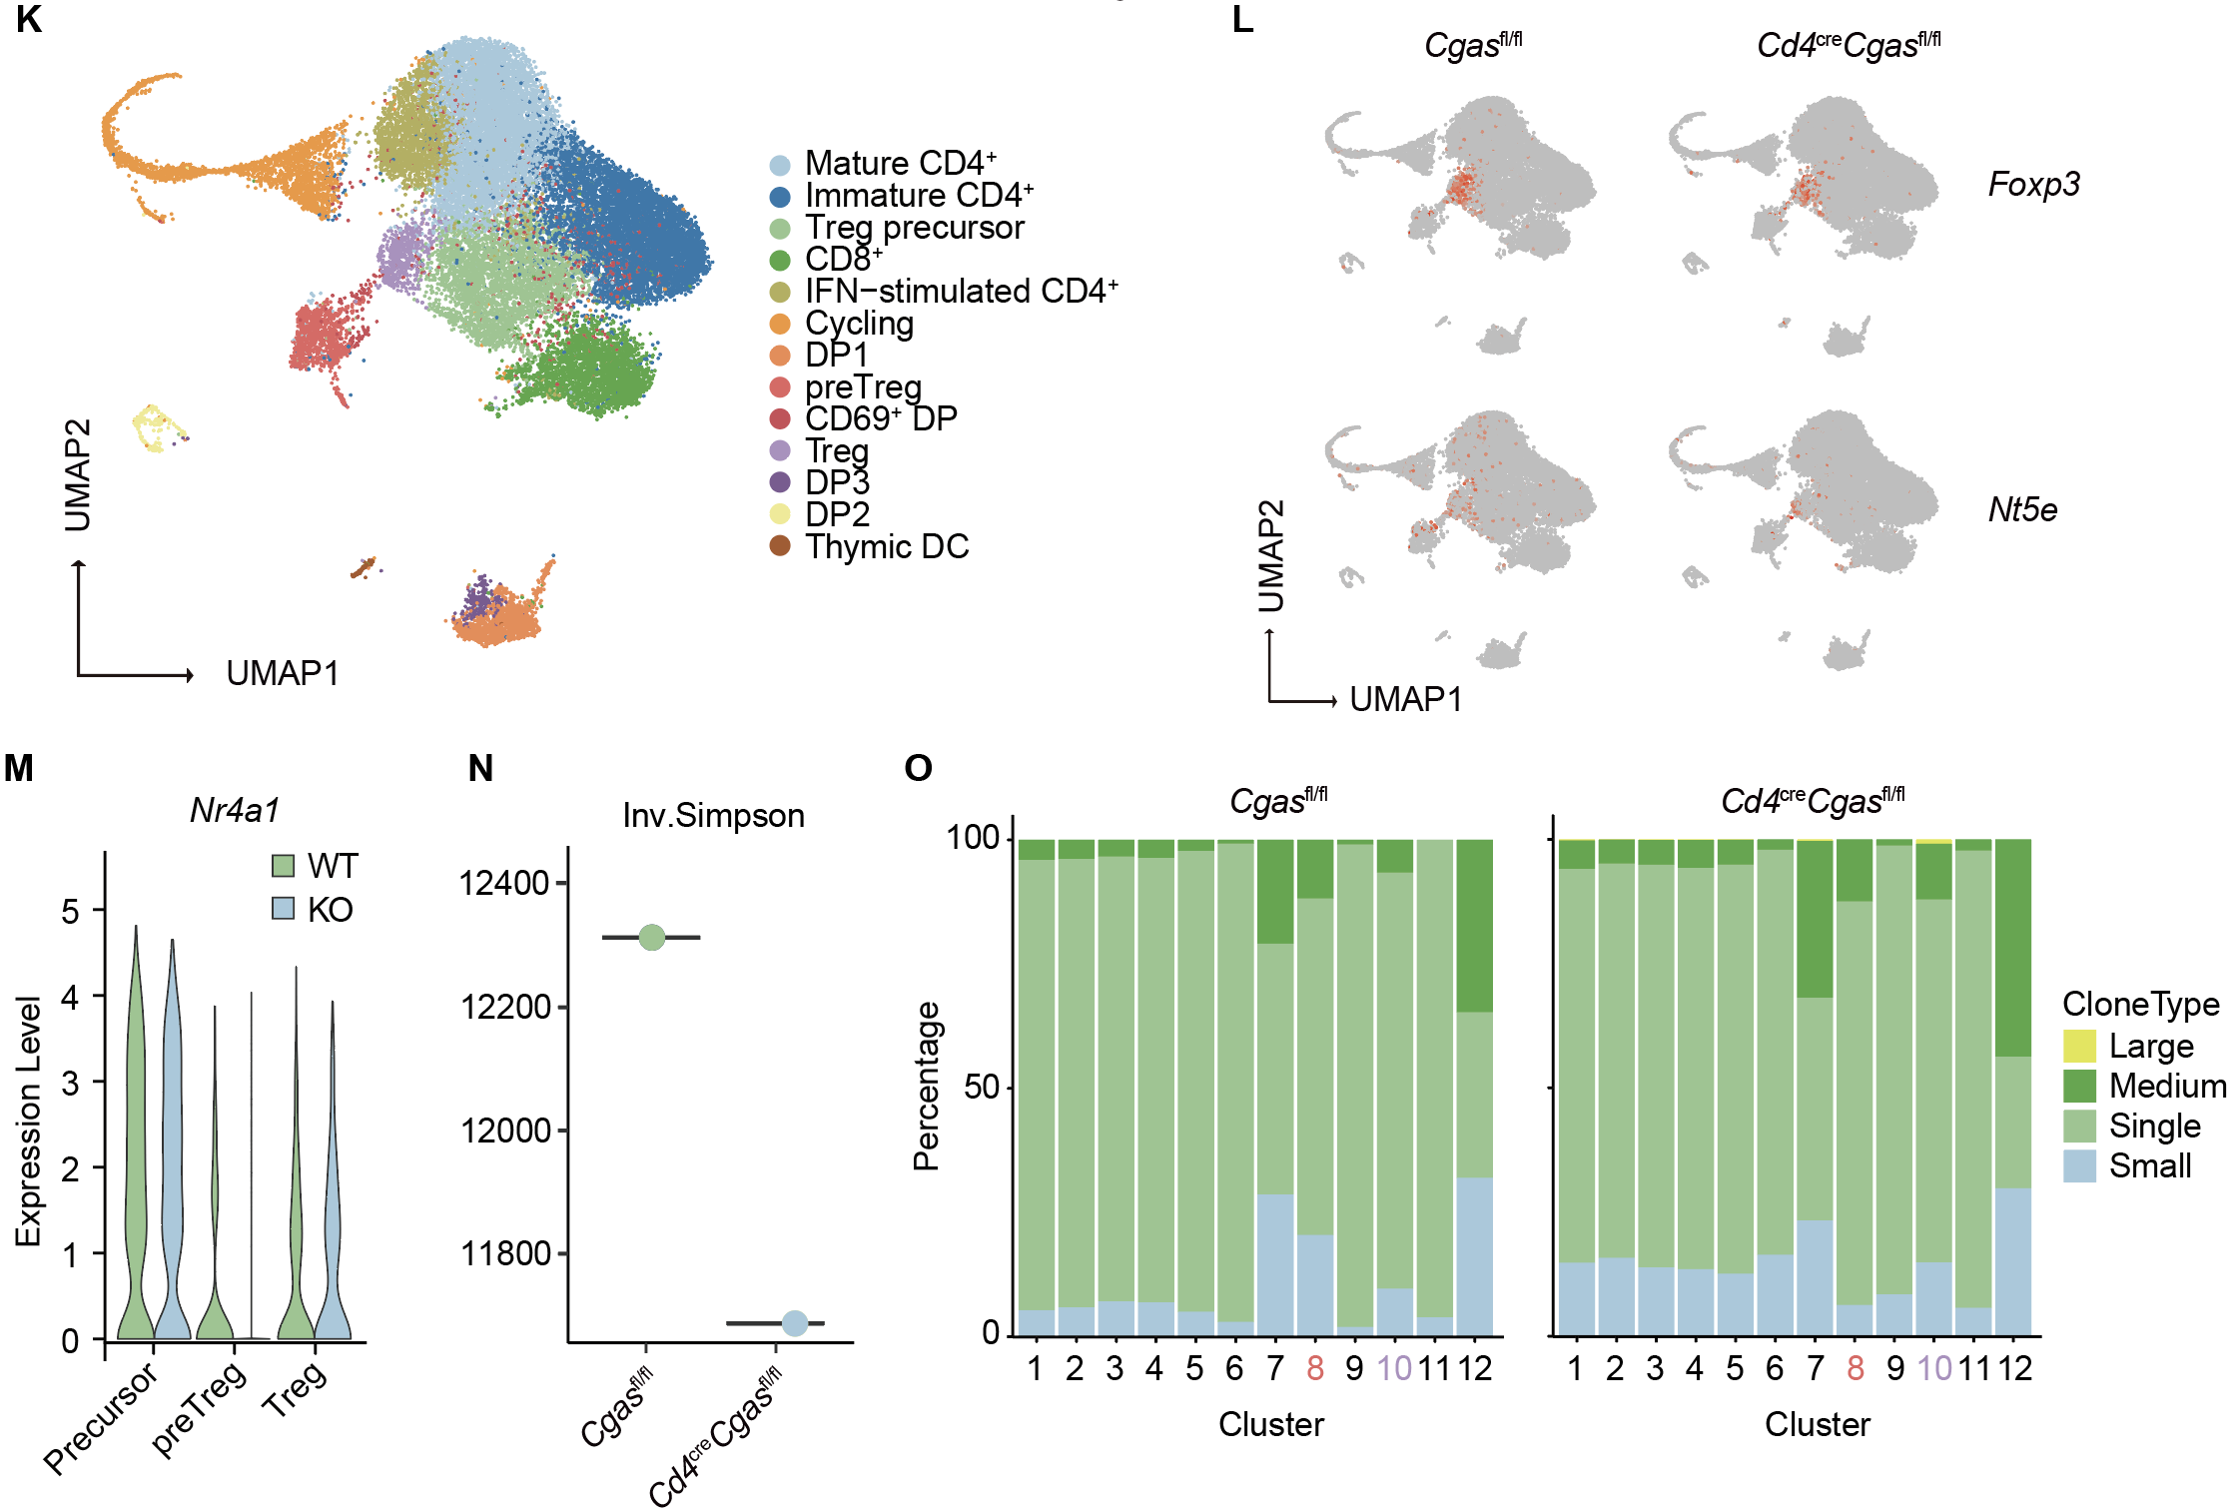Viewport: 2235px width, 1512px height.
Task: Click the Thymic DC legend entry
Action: (886, 547)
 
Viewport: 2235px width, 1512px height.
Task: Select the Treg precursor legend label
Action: (914, 228)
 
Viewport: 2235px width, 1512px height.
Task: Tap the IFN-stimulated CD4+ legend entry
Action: (960, 291)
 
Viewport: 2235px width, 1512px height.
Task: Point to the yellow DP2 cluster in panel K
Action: (154, 427)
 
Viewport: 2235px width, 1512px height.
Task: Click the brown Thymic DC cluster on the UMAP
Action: (365, 567)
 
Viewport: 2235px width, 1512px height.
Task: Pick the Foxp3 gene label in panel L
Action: (2033, 185)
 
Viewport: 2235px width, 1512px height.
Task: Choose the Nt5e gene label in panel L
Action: (2022, 510)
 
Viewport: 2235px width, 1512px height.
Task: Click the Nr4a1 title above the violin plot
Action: (235, 810)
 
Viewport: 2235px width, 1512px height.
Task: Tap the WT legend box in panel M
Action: (284, 865)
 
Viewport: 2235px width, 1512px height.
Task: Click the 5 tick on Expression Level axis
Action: (70, 911)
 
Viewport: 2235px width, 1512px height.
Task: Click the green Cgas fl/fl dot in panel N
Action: (651, 937)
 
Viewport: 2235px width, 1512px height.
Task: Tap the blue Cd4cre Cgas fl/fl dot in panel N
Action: (794, 1323)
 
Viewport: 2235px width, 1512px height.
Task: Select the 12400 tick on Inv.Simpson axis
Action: (504, 883)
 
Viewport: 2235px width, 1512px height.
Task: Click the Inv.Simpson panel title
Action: (713, 816)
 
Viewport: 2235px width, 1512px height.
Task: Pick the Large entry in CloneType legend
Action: (2150, 1047)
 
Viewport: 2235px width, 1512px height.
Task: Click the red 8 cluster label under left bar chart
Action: (1314, 1368)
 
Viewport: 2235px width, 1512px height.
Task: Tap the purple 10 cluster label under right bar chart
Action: (1934, 1368)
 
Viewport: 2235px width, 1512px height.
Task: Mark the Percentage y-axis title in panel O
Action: (927, 1086)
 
